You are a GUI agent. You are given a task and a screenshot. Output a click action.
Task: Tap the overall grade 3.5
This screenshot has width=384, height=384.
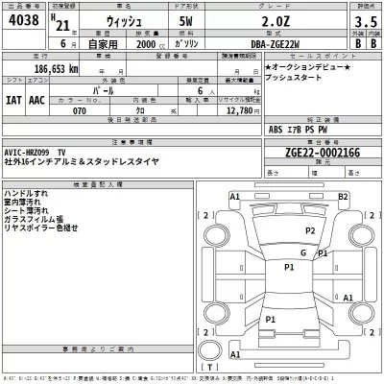(x=365, y=20)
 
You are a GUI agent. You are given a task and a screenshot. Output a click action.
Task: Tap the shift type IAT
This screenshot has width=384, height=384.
(x=15, y=99)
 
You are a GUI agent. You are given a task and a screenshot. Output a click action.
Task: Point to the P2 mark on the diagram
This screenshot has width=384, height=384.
(x=310, y=231)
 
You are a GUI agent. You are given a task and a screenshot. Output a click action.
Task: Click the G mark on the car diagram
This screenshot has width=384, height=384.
(x=302, y=252)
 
